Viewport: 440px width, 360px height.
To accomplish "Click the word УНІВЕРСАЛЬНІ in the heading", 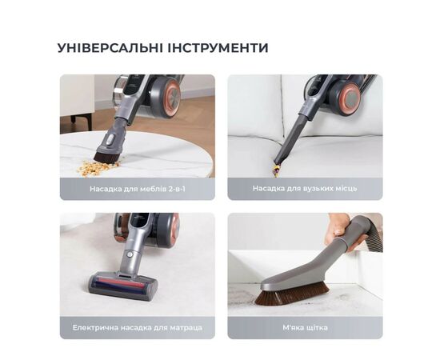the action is pyautogui.click(x=110, y=48).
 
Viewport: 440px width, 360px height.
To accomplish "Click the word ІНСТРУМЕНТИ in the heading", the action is pyautogui.click(x=218, y=48).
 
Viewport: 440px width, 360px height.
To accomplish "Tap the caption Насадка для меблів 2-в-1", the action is pyautogui.click(x=138, y=189).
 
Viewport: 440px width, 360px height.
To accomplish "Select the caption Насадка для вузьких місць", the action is pyautogui.click(x=305, y=188).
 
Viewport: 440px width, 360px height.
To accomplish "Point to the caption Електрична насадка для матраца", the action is pyautogui.click(x=138, y=327).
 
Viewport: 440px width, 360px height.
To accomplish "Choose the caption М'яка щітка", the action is pyautogui.click(x=305, y=327).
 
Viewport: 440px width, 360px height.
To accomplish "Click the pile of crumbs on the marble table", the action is pyautogui.click(x=98, y=168).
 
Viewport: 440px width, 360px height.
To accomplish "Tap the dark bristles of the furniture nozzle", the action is pyautogui.click(x=106, y=158).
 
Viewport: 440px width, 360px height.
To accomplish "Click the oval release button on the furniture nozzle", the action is pyautogui.click(x=110, y=138).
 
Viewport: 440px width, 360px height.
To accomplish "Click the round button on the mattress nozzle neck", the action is pyautogui.click(x=130, y=254).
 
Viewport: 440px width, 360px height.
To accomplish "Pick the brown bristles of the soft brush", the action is pyautogui.click(x=291, y=295).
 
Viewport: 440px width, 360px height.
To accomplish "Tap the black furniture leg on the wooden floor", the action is pyautogui.click(x=74, y=119).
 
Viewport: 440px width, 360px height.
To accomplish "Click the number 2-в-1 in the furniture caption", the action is pyautogui.click(x=177, y=189).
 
